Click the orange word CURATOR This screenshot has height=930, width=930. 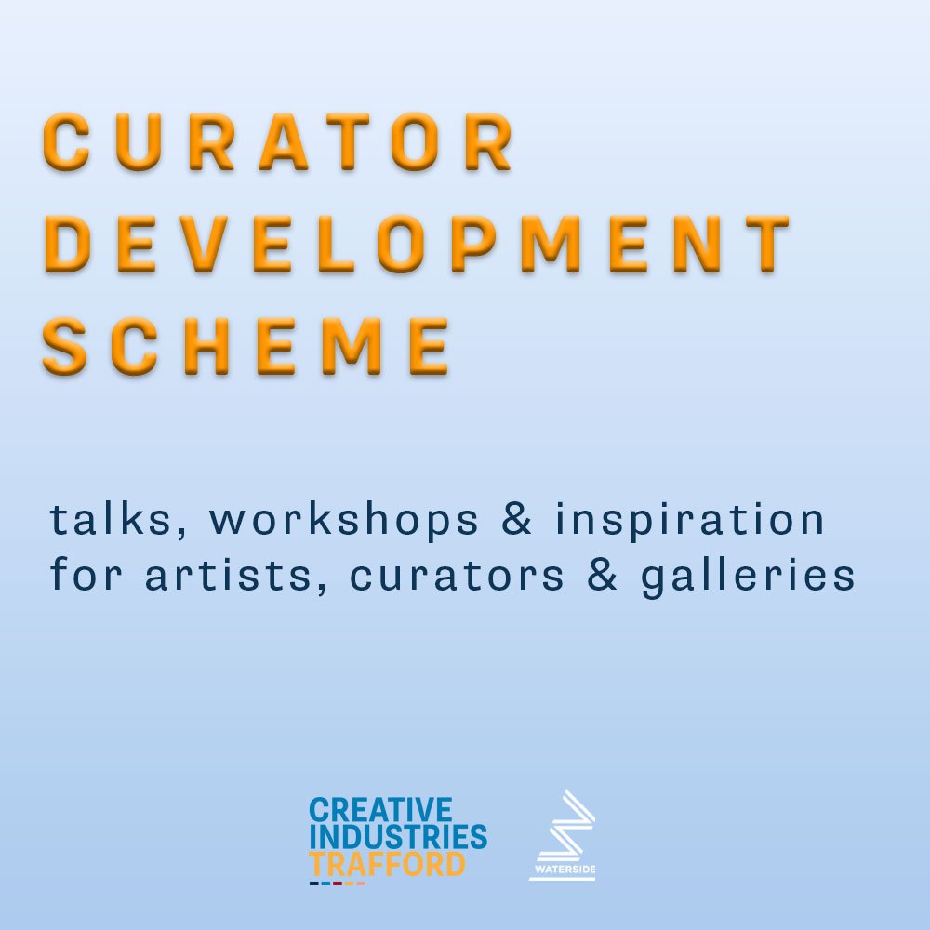277,141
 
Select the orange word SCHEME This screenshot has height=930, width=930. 246,344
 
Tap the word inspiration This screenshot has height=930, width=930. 690,521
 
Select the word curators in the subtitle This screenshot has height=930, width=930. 457,577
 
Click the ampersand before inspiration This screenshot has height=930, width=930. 517,520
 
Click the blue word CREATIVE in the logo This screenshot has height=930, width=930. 380,810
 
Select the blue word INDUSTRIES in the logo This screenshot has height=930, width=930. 398,837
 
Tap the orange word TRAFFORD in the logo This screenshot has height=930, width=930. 387,864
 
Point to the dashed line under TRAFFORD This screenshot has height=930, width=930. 337,883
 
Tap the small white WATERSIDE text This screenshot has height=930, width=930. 563,872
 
